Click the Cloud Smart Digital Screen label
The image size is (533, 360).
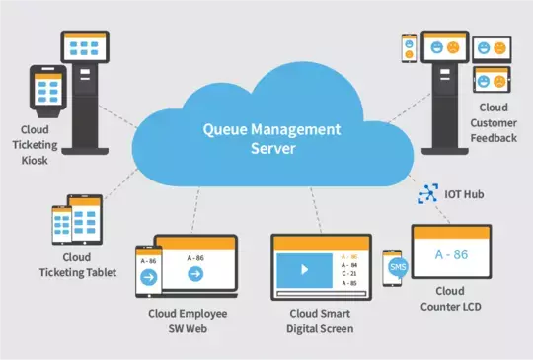(x=320, y=322)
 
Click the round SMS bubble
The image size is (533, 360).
(x=398, y=266)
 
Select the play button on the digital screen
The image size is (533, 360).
(x=305, y=268)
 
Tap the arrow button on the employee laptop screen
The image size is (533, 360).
(x=195, y=274)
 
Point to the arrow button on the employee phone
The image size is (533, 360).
(x=149, y=277)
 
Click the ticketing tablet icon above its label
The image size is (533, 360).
(x=74, y=223)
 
